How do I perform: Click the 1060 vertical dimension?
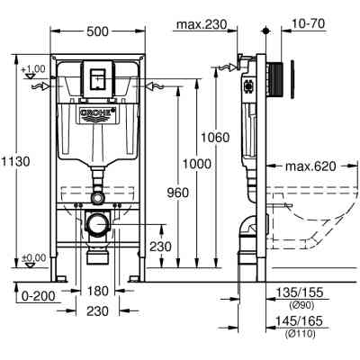216,138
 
